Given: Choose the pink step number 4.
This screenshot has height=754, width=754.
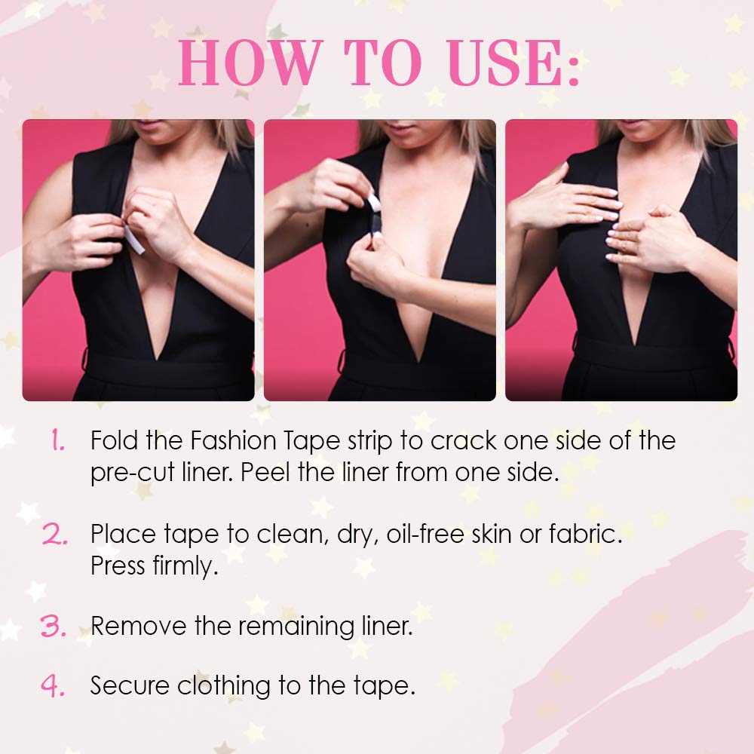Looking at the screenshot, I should click(53, 685).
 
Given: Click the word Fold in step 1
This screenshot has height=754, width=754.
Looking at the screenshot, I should click(114, 440).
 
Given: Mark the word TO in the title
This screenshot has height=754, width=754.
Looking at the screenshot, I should click(373, 64).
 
